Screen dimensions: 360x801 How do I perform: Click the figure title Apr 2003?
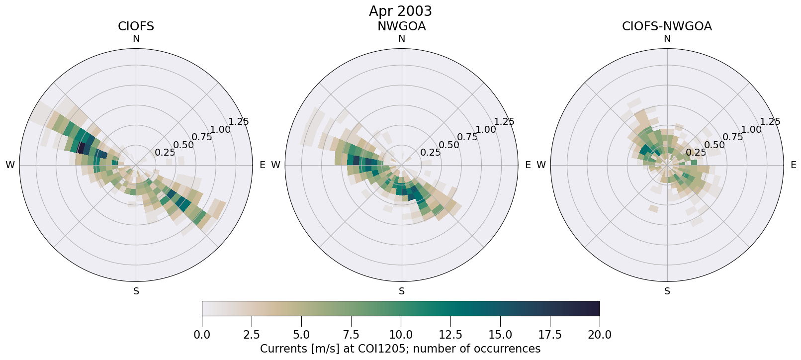point(400,11)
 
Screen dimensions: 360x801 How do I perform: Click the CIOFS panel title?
point(136,26)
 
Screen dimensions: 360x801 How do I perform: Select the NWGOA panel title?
point(401,26)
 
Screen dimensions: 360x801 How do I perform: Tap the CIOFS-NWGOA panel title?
point(667,26)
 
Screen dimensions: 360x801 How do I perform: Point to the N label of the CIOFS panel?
point(136,39)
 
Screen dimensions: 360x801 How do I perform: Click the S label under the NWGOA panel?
point(402,291)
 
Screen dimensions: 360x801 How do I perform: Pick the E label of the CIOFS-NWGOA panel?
point(794,165)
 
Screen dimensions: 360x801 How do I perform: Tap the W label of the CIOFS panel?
point(10,165)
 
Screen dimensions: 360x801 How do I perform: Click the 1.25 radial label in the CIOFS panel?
point(239,122)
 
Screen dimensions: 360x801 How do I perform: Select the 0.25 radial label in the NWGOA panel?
point(431,153)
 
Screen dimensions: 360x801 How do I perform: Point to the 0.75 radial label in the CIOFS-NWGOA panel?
point(733,137)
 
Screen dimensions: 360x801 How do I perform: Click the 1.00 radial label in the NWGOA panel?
point(486,130)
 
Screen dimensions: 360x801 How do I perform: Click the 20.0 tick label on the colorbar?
point(600,335)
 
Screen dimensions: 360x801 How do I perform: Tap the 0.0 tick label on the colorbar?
point(202,335)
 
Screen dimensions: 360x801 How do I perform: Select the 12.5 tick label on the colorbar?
point(450,335)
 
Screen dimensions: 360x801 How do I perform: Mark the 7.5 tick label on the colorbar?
point(351,335)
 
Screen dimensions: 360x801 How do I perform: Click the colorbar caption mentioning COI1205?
point(400,349)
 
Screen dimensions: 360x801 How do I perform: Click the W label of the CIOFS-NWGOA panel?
point(541,165)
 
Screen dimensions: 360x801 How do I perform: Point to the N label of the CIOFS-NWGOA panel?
point(667,39)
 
